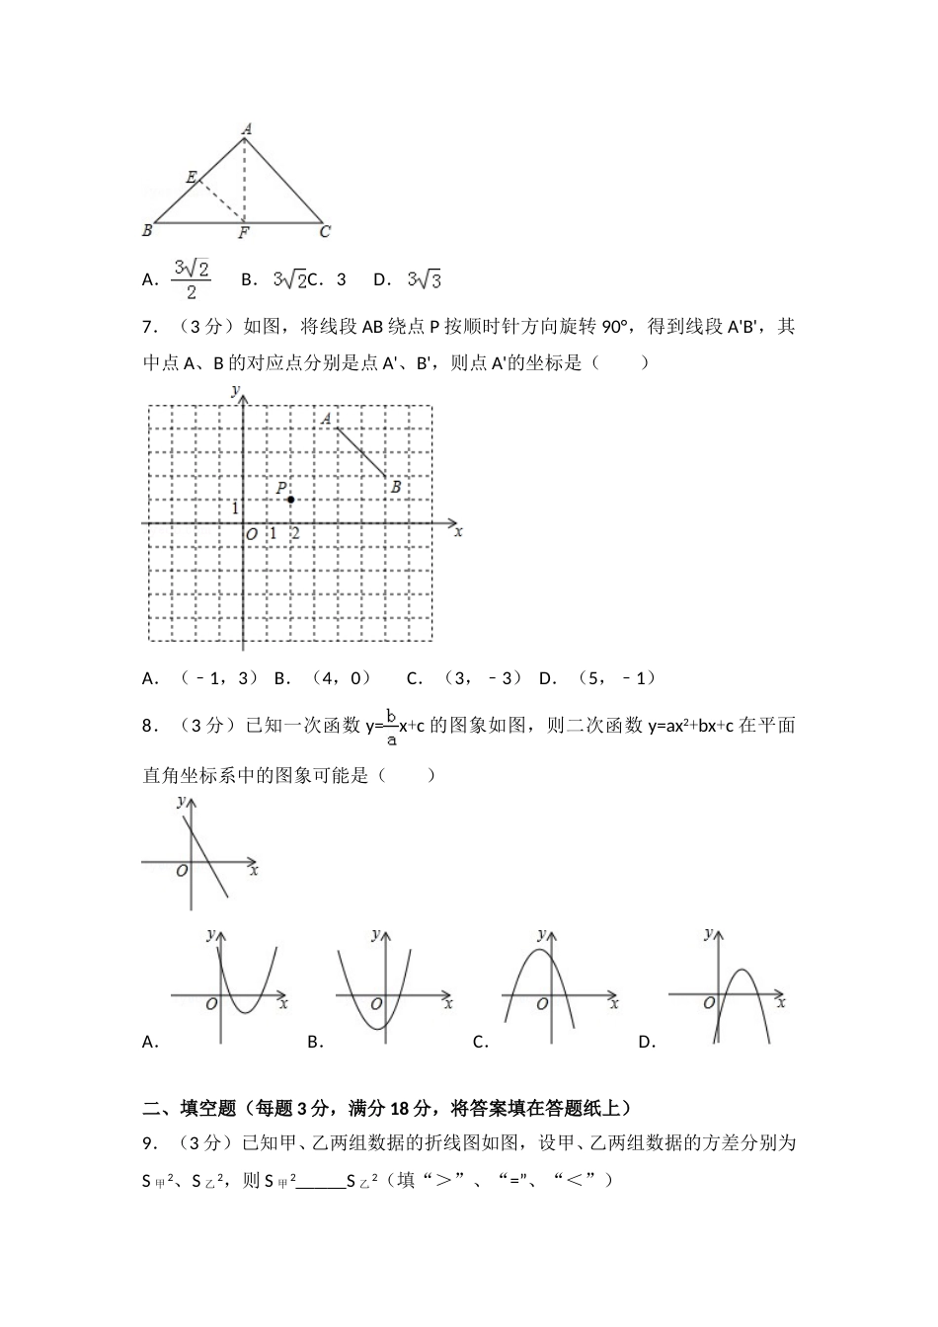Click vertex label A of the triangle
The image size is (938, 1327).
[x=246, y=127]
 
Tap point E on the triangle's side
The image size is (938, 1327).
[x=192, y=177]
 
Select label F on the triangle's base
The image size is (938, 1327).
[x=243, y=233]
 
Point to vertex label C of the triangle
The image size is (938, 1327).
[x=325, y=232]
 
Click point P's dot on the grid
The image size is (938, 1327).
[x=290, y=500]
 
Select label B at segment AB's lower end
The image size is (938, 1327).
[x=395, y=486]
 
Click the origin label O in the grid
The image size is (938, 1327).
[x=252, y=534]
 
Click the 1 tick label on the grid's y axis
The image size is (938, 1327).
[x=235, y=507]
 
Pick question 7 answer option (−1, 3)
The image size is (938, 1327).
[x=219, y=677]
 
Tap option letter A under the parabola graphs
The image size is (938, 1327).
[x=150, y=1042]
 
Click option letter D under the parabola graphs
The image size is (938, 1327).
[x=647, y=1042]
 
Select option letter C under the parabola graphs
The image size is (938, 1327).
[x=481, y=1042]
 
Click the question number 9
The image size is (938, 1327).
[x=149, y=1143]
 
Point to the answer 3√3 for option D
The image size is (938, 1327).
[x=424, y=280]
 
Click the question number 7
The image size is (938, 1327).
[x=149, y=327]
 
